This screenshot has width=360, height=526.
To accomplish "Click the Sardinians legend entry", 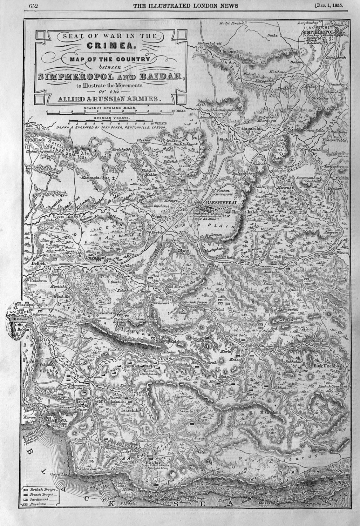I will tap(40, 499).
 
